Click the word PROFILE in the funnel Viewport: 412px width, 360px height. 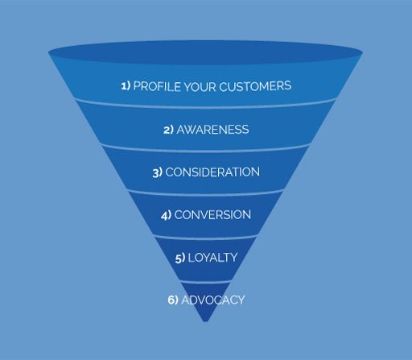[157, 86]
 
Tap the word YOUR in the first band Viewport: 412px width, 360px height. [200, 86]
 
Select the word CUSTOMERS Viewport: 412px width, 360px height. [255, 86]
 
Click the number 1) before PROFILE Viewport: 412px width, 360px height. [126, 86]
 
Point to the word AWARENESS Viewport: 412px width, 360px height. [212, 130]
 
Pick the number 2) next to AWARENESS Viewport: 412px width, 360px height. [168, 130]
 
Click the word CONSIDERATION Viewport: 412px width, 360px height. [212, 172]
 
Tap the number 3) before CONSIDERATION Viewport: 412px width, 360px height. [158, 172]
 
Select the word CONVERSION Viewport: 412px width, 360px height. [212, 215]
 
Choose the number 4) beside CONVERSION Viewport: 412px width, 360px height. [166, 215]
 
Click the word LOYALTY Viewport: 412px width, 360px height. [212, 258]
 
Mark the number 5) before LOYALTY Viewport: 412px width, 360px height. [180, 258]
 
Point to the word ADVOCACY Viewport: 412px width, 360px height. [213, 300]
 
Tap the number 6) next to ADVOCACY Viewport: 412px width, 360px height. [173, 300]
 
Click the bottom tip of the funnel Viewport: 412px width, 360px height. [205, 321]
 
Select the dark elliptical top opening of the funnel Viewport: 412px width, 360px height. [205, 52]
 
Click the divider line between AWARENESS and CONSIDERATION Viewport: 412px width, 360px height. [205, 151]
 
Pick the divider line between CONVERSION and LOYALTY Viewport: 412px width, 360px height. [205, 238]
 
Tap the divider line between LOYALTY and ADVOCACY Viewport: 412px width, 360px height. [205, 282]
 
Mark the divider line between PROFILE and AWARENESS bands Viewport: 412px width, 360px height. [205, 106]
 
